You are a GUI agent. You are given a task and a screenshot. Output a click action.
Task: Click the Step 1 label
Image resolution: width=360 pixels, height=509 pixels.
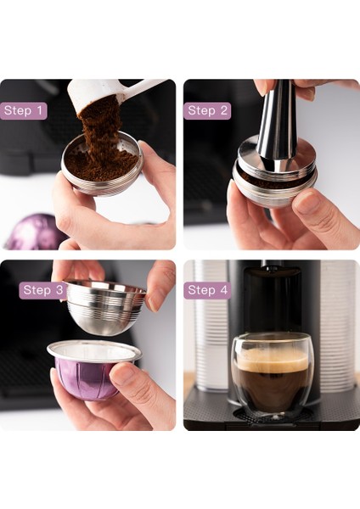pos(24,110)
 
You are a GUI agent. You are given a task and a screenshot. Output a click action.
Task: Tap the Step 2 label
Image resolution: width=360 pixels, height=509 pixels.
pos(208,110)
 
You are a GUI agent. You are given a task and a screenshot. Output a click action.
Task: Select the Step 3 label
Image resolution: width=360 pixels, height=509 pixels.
pos(43,290)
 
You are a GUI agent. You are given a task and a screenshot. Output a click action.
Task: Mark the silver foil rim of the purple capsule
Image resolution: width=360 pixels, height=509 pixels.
pos(93,350)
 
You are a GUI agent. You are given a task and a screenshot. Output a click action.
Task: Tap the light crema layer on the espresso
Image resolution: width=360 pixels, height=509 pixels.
pos(272,355)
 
